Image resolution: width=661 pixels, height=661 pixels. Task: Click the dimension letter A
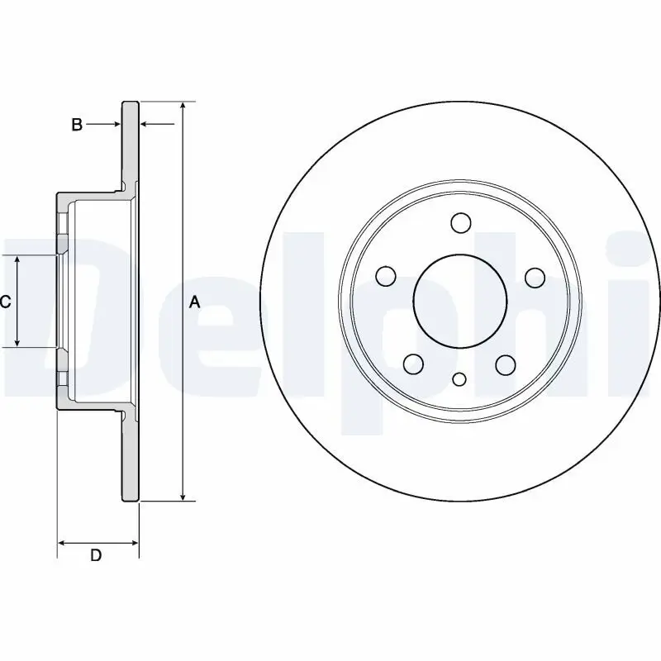point(195,302)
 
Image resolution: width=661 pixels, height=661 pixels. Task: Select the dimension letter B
point(76,125)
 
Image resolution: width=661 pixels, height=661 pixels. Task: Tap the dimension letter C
point(5,302)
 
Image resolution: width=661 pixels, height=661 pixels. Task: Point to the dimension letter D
point(96,556)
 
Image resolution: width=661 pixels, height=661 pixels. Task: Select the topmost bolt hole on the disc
point(460,223)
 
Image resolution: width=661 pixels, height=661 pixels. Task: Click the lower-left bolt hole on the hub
point(413,364)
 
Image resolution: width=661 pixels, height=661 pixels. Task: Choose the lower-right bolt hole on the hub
point(506,364)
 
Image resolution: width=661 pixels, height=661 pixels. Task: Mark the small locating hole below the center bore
point(460,379)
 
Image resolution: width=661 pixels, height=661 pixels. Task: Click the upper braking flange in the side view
point(131,145)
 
